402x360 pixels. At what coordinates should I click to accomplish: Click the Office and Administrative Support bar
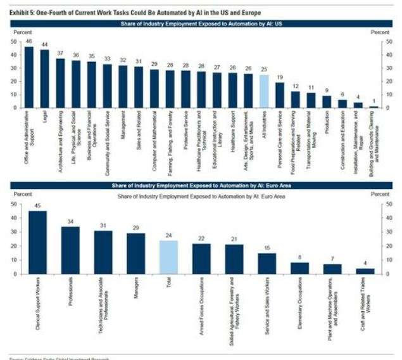[29, 77]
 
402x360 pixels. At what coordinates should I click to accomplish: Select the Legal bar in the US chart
[44, 79]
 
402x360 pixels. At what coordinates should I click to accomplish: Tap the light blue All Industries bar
[265, 92]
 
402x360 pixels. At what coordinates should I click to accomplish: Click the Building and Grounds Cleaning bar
[374, 107]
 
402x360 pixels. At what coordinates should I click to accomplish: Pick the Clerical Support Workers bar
[37, 242]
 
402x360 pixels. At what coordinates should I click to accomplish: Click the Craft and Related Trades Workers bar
[365, 271]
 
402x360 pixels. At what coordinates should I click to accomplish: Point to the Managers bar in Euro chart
[136, 254]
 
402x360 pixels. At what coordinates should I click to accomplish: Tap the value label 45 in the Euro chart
[37, 205]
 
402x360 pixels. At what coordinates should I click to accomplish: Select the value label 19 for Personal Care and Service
[280, 78]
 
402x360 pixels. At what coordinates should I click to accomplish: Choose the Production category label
[327, 123]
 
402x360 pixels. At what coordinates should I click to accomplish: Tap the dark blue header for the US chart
[201, 23]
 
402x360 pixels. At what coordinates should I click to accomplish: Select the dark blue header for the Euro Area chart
[201, 186]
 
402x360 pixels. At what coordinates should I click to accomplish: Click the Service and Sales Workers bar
[267, 263]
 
